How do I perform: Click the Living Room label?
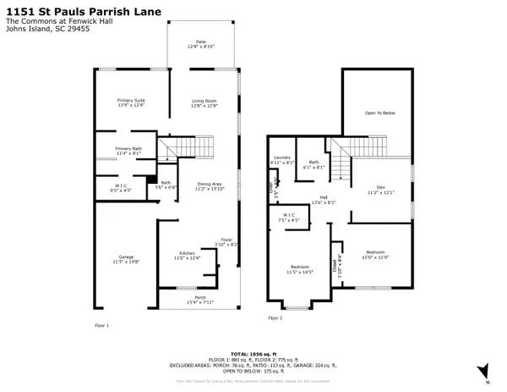(204, 102)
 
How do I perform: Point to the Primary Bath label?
(130, 151)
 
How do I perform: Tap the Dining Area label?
(210, 186)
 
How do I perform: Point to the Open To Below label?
(380, 113)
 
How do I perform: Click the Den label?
(379, 189)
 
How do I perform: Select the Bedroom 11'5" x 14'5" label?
(299, 271)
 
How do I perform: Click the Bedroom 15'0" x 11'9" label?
(374, 253)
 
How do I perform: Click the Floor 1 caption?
(101, 325)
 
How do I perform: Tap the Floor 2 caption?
(275, 318)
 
